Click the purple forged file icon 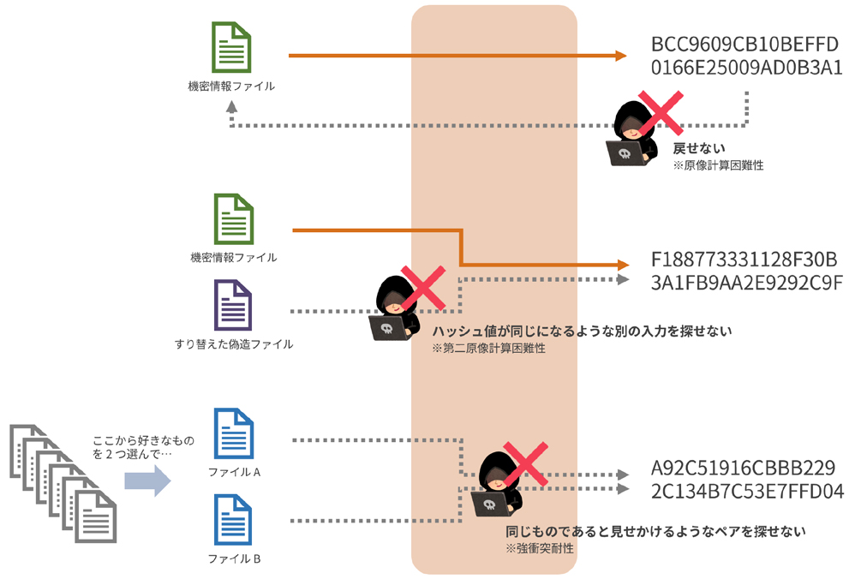point(233,305)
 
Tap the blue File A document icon point(234,433)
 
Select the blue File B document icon point(233,520)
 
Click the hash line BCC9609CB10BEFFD point(744,44)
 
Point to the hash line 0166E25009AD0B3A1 point(747,68)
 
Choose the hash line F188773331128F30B point(744,259)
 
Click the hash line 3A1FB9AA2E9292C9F point(747,283)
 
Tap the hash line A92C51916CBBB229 point(743,468)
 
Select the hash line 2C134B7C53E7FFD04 point(747,491)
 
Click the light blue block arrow point(147,481)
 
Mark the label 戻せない point(699,148)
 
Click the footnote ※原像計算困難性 point(718,165)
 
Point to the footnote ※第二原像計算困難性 point(488,348)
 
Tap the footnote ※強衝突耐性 point(539,548)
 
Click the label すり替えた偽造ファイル point(234,344)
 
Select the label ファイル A point(234,472)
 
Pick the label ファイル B point(234,558)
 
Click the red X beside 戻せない point(661,113)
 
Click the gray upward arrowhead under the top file point(231,106)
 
